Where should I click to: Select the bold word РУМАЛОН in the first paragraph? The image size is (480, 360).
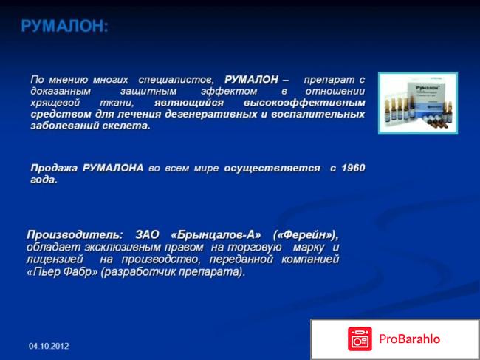point(251,79)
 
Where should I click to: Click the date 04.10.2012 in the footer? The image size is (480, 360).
point(49,346)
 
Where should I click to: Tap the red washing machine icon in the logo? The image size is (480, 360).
point(360,339)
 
